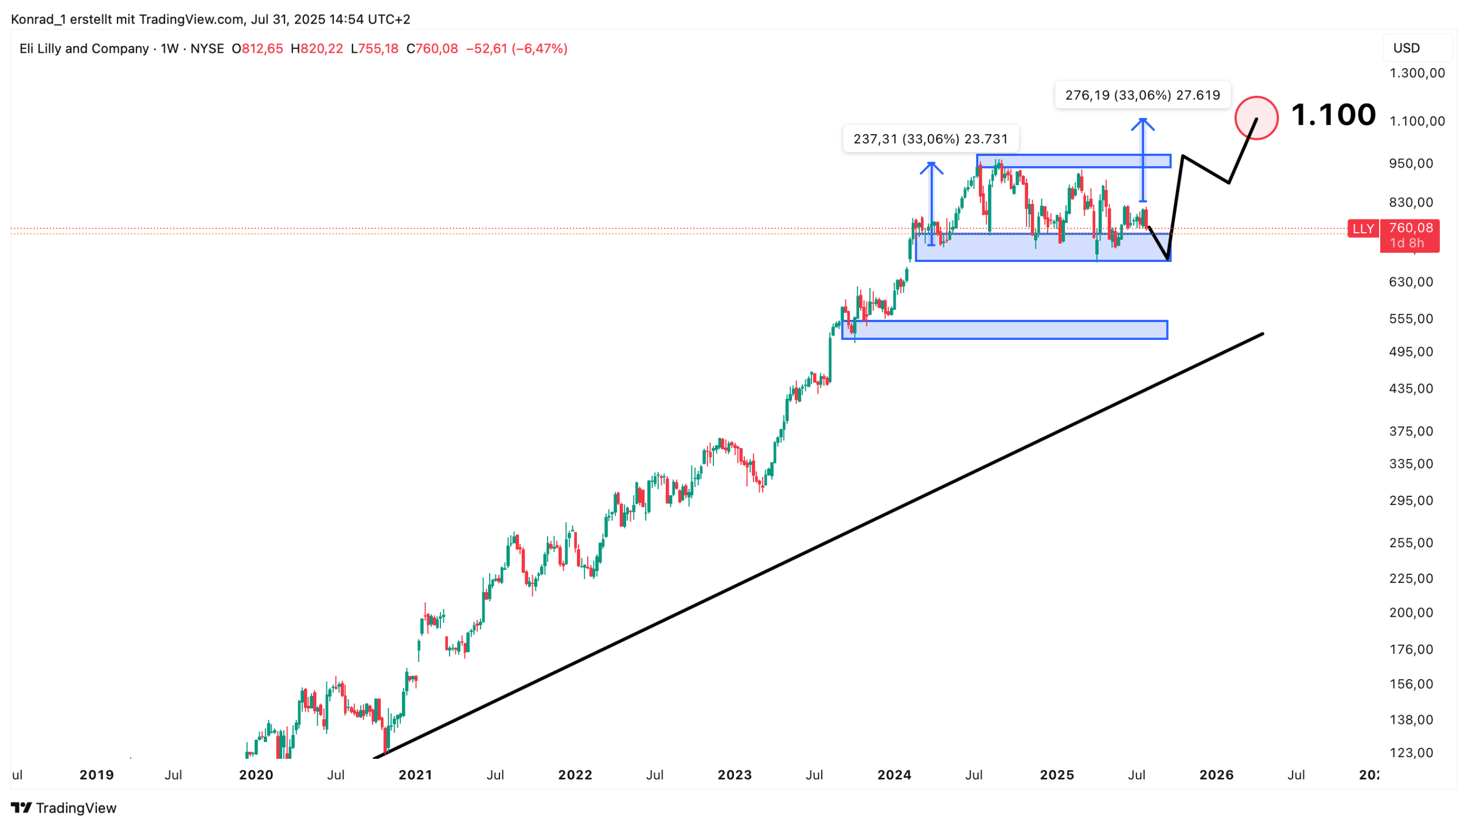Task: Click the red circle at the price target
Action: pyautogui.click(x=1256, y=118)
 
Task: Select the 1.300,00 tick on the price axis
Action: pyautogui.click(x=1416, y=73)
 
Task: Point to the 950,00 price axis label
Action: pyautogui.click(x=1411, y=164)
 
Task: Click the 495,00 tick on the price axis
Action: pyautogui.click(x=1411, y=352)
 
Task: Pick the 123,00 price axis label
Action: pyautogui.click(x=1411, y=753)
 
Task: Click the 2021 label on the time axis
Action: pyautogui.click(x=415, y=775)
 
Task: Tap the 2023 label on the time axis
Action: pyautogui.click(x=735, y=775)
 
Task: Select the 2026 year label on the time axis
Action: pyautogui.click(x=1216, y=775)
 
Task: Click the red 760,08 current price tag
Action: pyautogui.click(x=1411, y=229)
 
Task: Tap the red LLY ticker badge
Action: pyautogui.click(x=1362, y=229)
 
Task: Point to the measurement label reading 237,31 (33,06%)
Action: pyautogui.click(x=930, y=139)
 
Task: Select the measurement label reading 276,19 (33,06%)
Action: pyautogui.click(x=1142, y=95)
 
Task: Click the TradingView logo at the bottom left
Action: pyautogui.click(x=64, y=808)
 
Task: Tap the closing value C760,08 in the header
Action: pyautogui.click(x=432, y=49)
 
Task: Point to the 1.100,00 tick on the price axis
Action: pyautogui.click(x=1416, y=121)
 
